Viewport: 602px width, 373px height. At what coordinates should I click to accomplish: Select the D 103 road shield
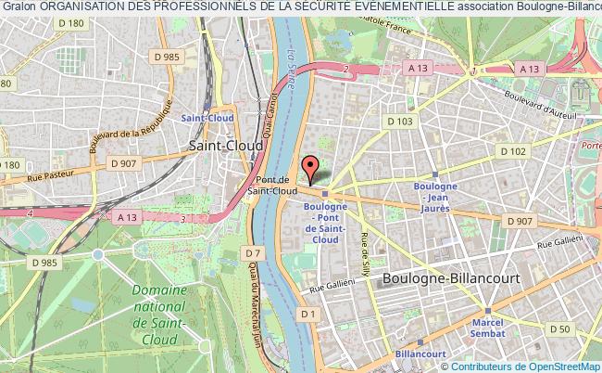(400, 121)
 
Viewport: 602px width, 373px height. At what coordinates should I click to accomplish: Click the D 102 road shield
(511, 150)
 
